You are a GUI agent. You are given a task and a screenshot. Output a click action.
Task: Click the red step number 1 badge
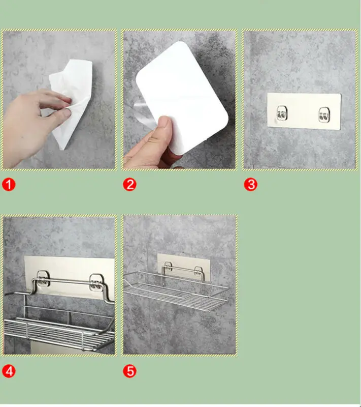pyautogui.click(x=9, y=185)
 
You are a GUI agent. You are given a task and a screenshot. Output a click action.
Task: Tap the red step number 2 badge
pyautogui.click(x=130, y=185)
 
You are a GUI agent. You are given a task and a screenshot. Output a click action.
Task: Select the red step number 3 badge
pyautogui.click(x=251, y=185)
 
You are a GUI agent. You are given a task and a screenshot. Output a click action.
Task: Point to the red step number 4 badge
pyautogui.click(x=9, y=371)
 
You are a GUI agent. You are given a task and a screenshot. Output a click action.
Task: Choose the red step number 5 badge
pyautogui.click(x=130, y=371)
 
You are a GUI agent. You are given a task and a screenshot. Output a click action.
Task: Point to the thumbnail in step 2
pyautogui.click(x=164, y=124)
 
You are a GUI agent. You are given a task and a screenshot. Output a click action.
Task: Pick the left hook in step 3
pyautogui.click(x=282, y=113)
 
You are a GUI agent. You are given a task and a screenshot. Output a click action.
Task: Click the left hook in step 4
pyautogui.click(x=43, y=278)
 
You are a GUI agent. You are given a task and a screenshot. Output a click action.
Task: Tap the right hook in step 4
pyautogui.click(x=96, y=282)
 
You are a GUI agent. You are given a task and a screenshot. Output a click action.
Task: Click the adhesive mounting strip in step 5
pyautogui.click(x=184, y=267)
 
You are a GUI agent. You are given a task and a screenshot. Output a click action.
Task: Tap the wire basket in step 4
pyautogui.click(x=59, y=330)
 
